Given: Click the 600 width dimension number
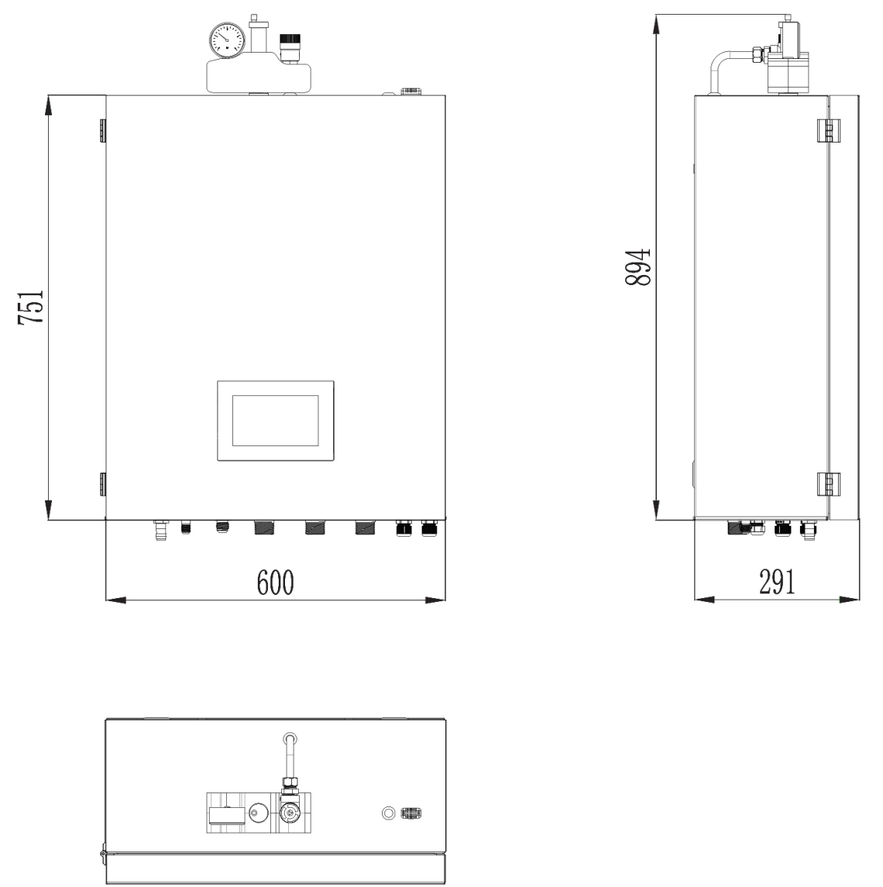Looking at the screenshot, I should [x=277, y=581].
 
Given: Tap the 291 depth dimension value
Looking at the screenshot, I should [x=776, y=581].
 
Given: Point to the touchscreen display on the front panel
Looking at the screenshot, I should [x=276, y=421].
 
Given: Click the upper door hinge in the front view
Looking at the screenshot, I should [x=102, y=131].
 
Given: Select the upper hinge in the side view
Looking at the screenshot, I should [x=826, y=130].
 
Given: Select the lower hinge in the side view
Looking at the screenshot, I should [x=826, y=483].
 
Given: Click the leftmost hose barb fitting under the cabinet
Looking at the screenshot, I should [x=161, y=531].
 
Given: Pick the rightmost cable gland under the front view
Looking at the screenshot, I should [x=428, y=529].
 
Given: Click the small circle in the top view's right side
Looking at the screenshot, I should [x=390, y=813].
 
